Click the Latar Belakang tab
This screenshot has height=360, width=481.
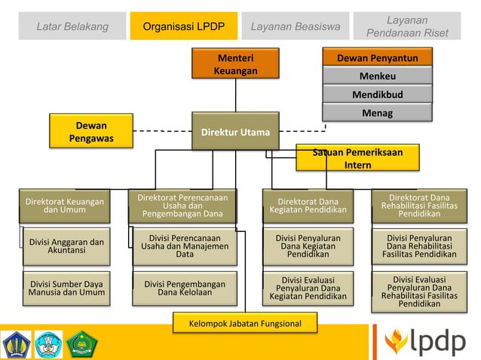72,28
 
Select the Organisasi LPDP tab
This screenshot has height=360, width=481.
183,28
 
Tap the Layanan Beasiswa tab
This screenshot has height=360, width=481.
296,28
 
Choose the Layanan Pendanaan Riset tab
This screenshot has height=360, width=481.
406,26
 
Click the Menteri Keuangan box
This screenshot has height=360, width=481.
234,64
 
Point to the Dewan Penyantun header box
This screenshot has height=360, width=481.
377,58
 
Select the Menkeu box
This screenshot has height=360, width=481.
377,76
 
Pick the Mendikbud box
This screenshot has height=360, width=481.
377,96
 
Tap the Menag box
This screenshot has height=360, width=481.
377,114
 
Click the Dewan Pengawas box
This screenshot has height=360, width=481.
91,131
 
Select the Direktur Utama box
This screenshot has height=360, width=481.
234,133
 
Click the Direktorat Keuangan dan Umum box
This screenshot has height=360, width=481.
64,205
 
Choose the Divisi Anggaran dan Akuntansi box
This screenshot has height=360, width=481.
66,246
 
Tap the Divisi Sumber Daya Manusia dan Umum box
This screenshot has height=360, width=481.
66,288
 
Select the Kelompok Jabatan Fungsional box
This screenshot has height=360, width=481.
245,324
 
